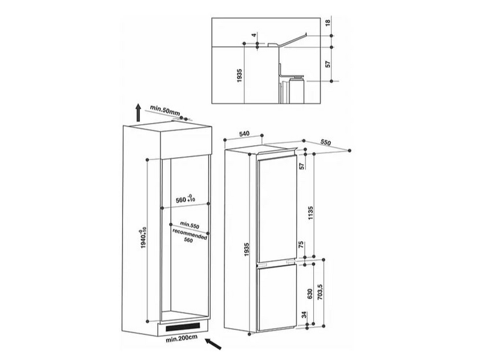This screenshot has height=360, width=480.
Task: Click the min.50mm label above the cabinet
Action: [x=164, y=110]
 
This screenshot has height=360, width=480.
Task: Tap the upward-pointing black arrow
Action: [x=139, y=113]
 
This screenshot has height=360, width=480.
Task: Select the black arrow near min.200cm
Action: [x=214, y=344]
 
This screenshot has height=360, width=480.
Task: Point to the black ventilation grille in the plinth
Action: [x=183, y=327]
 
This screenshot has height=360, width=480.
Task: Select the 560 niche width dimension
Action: [x=186, y=199]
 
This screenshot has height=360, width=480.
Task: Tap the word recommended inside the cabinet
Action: [x=190, y=234]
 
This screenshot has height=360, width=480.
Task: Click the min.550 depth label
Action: [x=190, y=225]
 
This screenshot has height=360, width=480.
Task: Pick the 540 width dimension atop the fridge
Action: [x=244, y=134]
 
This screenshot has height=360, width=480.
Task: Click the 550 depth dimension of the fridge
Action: [x=326, y=142]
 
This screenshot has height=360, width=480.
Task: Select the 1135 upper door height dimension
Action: [x=311, y=213]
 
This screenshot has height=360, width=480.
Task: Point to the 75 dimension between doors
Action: [x=301, y=245]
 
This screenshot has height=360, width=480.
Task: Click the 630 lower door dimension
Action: [x=310, y=294]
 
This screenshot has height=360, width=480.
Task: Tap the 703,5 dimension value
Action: [x=320, y=292]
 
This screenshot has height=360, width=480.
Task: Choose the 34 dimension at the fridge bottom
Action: [x=304, y=314]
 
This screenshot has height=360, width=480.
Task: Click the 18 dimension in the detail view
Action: [x=328, y=23]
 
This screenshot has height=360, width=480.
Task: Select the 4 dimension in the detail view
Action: [x=253, y=35]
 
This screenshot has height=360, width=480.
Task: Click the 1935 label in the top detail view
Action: [x=239, y=76]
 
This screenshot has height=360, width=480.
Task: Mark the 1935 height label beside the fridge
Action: [x=247, y=250]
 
